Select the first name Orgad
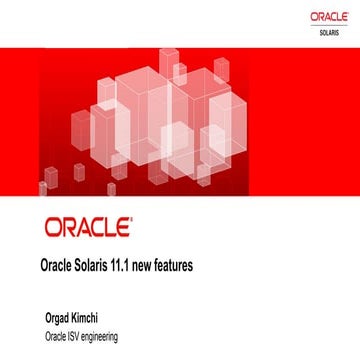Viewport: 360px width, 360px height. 54,319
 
